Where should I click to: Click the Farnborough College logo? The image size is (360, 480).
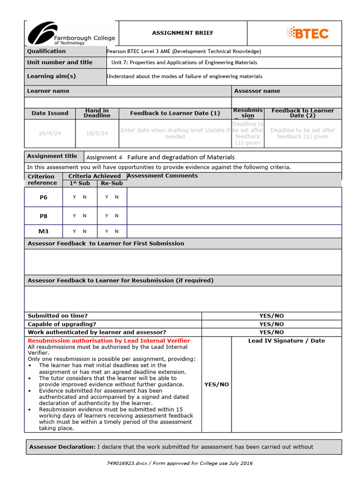click(x=70, y=33)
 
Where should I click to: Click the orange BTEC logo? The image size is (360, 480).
click(x=307, y=33)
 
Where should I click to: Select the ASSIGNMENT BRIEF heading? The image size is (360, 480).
click(x=183, y=33)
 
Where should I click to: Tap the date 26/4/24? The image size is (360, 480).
click(x=50, y=133)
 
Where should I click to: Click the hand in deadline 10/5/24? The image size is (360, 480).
click(x=97, y=133)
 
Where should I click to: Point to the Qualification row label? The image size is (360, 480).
click(x=46, y=51)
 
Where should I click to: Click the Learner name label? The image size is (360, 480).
click(x=48, y=91)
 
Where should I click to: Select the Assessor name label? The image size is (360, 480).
click(x=257, y=91)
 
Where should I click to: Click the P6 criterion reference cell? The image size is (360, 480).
click(x=44, y=197)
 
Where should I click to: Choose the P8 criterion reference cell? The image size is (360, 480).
click(x=44, y=216)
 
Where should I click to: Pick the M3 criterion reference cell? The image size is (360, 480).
click(x=44, y=231)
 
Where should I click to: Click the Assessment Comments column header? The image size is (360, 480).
click(x=162, y=176)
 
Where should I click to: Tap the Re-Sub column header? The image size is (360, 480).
click(x=112, y=183)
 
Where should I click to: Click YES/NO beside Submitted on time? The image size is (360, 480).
click(x=271, y=316)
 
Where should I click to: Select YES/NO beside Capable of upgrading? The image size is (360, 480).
click(x=271, y=324)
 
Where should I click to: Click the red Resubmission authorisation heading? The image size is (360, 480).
click(x=109, y=341)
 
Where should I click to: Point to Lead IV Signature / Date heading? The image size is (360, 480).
click(x=286, y=341)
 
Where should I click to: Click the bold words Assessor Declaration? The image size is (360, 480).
click(x=62, y=447)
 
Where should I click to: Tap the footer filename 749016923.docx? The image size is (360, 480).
click(x=127, y=463)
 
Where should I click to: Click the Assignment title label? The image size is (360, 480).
click(x=52, y=156)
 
